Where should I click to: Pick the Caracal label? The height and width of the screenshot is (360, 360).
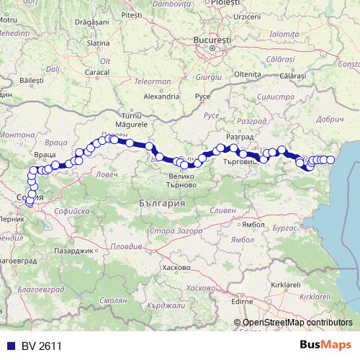pyautogui.click(x=96, y=73)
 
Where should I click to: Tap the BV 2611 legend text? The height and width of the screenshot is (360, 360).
pyautogui.click(x=36, y=346)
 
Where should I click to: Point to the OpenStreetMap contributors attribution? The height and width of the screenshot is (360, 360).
pyautogui.click(x=298, y=323)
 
